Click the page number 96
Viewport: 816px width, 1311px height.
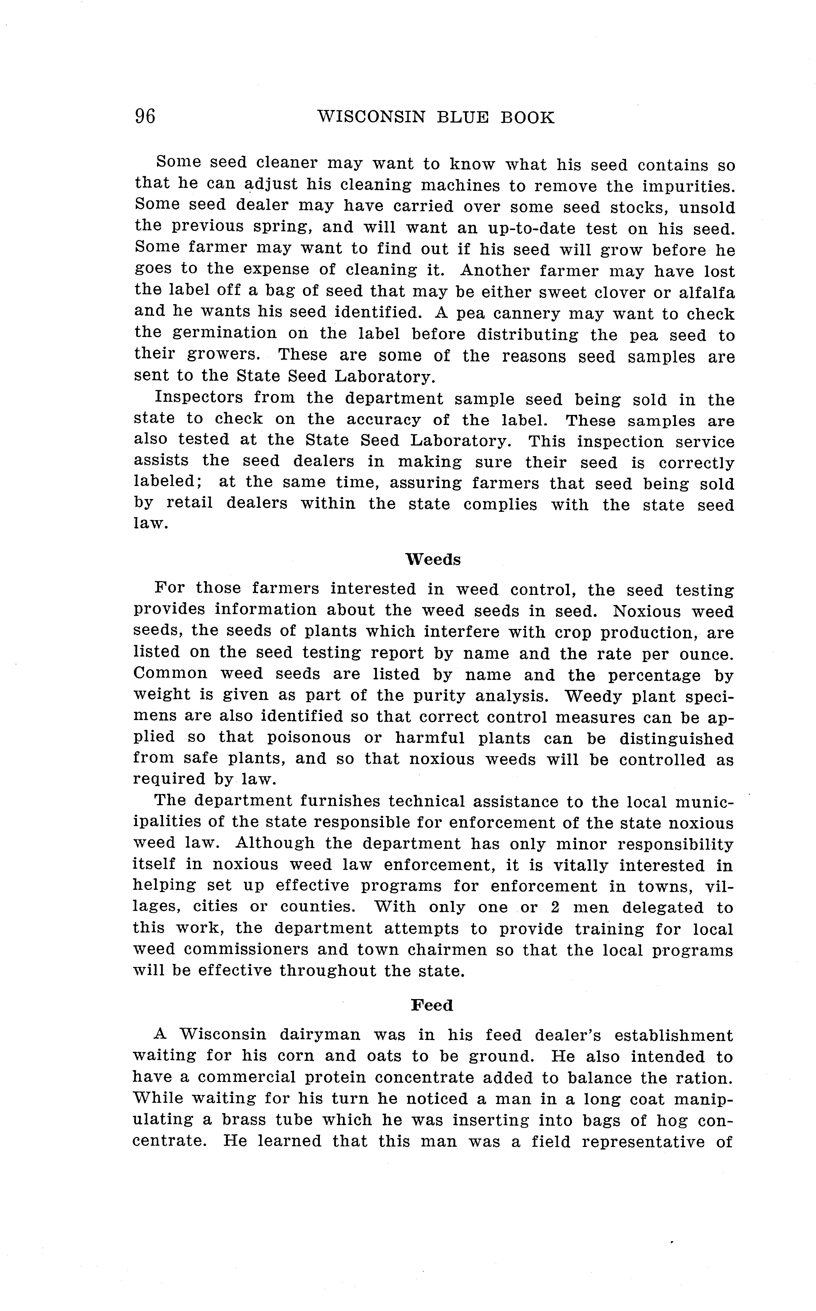click(x=145, y=117)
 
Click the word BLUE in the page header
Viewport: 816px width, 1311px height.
click(x=465, y=118)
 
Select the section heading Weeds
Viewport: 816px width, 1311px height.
click(x=433, y=560)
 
